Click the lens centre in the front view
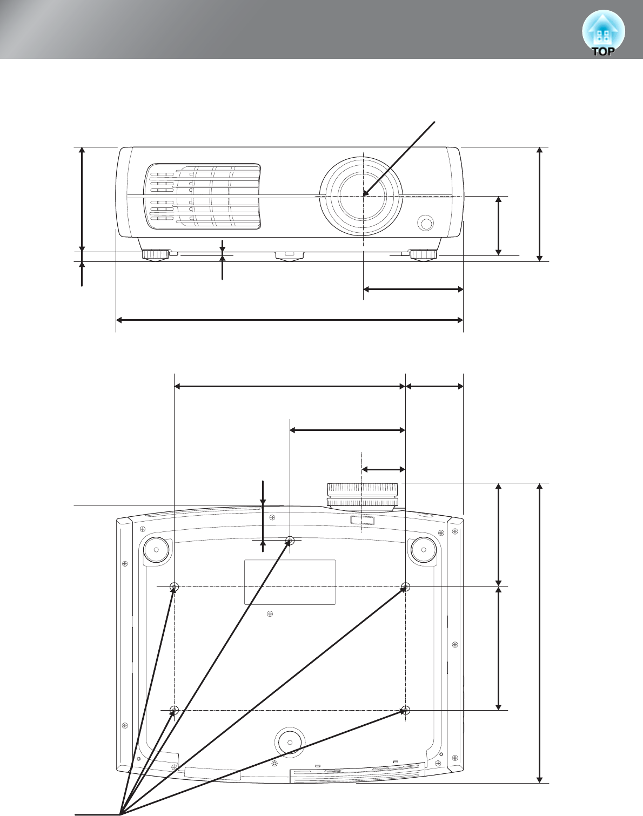coord(364,196)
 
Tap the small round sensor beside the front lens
coord(426,222)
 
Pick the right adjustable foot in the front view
coord(424,254)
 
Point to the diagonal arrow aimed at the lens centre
coord(399,158)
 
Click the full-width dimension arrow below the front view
coord(290,320)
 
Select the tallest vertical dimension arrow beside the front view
coord(539,204)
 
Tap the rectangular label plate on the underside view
coord(290,582)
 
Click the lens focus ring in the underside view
coord(363,495)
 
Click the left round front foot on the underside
coord(156,550)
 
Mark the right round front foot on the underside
coord(424,550)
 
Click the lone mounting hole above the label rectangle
coord(290,541)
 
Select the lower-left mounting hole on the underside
coord(174,710)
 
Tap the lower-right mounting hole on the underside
coord(406,710)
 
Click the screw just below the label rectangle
coord(270,613)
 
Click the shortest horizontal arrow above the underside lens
coord(384,469)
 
